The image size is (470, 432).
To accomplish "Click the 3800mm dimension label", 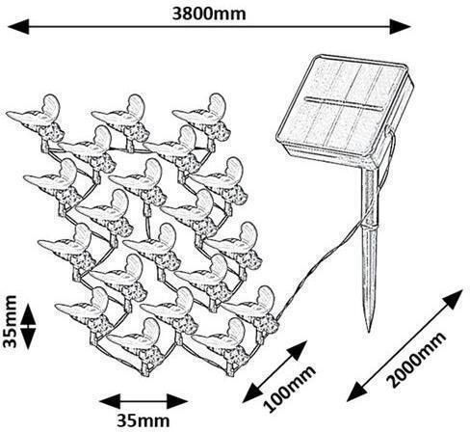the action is click(x=209, y=13).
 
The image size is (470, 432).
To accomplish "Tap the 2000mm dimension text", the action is click(x=416, y=360).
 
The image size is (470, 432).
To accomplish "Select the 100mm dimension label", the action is click(x=289, y=389).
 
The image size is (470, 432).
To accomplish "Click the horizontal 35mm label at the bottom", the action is click(x=143, y=420).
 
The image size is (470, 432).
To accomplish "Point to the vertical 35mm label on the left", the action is click(x=10, y=321).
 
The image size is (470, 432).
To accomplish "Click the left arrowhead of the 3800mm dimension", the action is click(x=18, y=26).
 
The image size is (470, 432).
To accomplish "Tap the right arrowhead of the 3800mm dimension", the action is click(x=401, y=26).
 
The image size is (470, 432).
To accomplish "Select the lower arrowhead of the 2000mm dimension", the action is click(x=357, y=391).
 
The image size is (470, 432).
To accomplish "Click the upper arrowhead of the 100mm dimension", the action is click(x=297, y=351).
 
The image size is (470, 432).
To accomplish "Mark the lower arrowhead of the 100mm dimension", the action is click(x=252, y=392).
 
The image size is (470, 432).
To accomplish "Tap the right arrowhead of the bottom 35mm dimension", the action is click(x=177, y=401).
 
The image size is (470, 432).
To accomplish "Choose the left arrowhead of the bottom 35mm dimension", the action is click(x=110, y=401).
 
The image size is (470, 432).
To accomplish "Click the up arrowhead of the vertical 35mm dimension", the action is click(x=29, y=313).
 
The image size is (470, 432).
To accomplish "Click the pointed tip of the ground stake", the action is click(x=370, y=331).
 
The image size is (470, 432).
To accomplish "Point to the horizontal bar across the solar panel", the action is click(x=342, y=104).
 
